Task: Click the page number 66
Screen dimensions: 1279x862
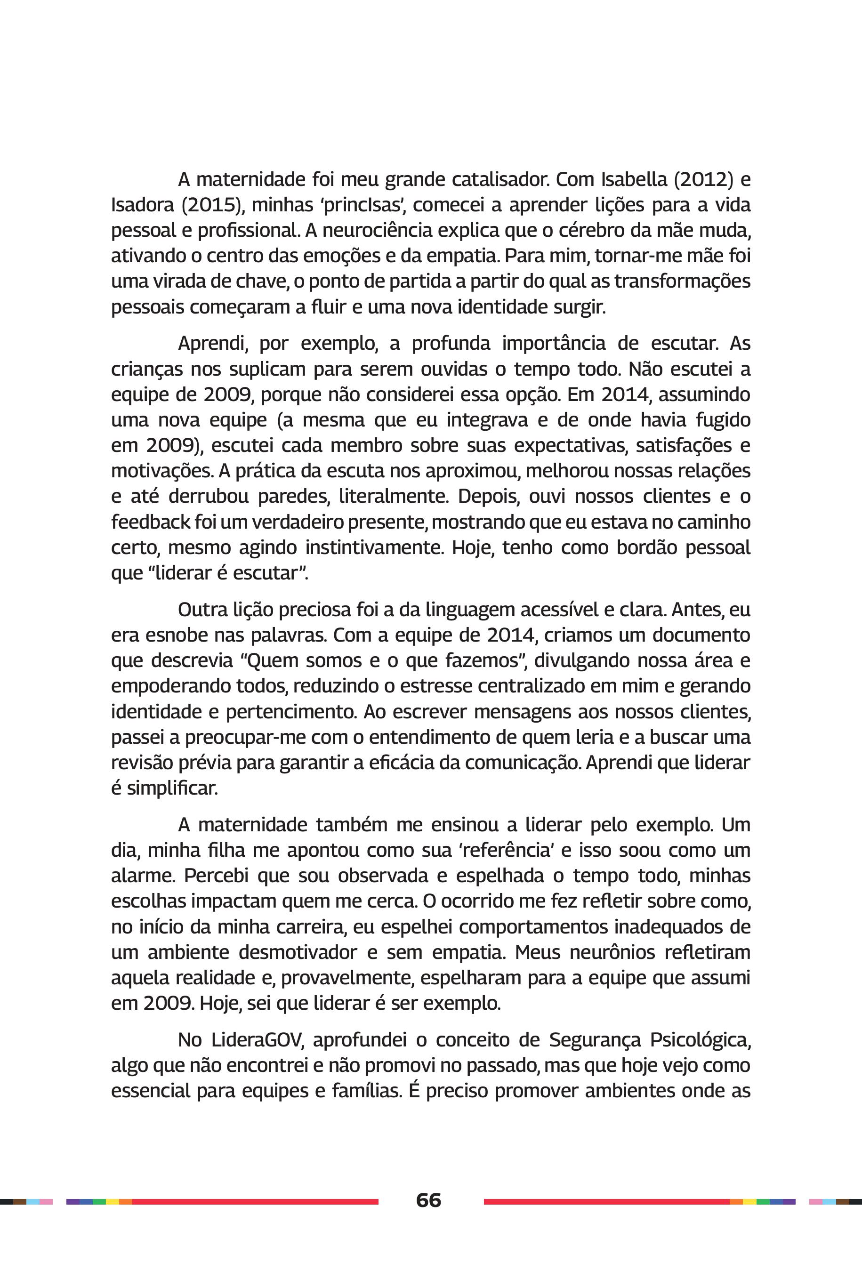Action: click(x=428, y=1199)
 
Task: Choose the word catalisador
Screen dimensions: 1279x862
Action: click(x=499, y=179)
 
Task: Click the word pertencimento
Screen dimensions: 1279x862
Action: click(x=289, y=712)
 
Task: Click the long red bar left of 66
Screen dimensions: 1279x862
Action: click(x=255, y=1201)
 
